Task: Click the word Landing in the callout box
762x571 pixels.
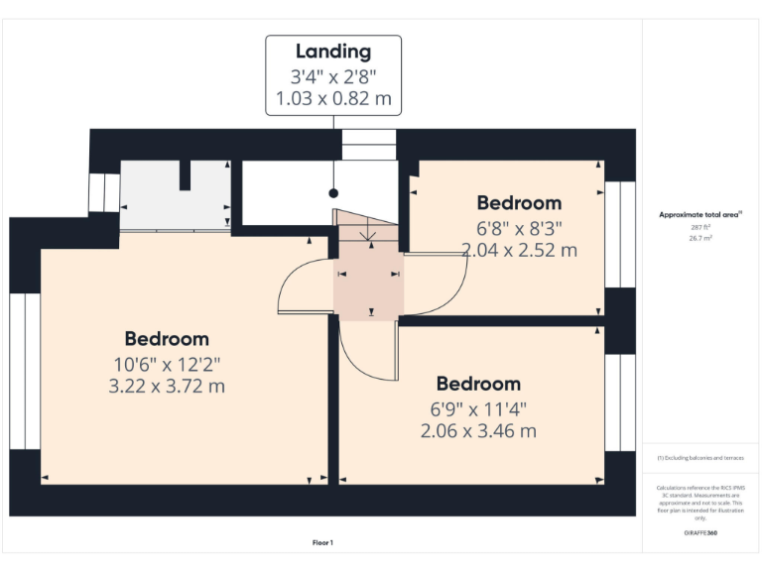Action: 333,52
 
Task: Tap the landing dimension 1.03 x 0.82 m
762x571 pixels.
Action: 333,99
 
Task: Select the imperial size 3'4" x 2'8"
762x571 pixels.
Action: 333,76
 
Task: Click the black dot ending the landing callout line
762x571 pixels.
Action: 333,192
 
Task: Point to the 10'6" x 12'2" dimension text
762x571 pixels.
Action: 167,362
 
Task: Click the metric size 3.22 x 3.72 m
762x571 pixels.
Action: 167,385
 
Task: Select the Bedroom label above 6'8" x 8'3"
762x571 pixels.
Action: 519,203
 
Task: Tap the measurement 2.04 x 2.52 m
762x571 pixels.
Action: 519,250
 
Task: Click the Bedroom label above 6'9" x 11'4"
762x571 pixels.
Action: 478,384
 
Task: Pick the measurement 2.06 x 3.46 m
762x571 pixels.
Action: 478,430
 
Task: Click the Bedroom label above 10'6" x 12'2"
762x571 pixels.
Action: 167,338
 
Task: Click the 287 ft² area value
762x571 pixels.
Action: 700,227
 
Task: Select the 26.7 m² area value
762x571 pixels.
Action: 700,238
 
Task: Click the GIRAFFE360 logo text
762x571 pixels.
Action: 700,533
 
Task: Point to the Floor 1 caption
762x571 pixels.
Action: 323,542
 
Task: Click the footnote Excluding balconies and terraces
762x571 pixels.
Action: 700,458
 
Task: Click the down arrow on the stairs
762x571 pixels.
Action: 368,234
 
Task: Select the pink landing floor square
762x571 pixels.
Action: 368,283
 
